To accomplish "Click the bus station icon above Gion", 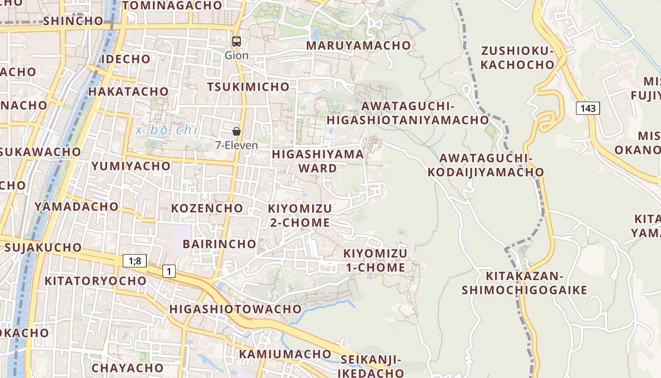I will coord(237,42).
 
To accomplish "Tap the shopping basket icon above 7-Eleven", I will coord(237,131).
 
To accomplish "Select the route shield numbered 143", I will coord(588,108).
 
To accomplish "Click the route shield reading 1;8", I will coord(135,260).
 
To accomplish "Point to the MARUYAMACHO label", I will coord(358,45).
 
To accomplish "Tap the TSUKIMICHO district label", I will coord(248,87).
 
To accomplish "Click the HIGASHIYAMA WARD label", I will coord(318,161).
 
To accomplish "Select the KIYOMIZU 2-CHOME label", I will coord(300,215).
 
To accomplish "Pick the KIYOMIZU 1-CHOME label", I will coord(375,260).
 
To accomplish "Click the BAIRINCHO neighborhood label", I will coord(220,244).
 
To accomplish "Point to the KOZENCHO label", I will coord(207,208).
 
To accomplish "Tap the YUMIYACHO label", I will coord(131,166).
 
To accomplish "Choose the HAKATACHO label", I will coord(128,91).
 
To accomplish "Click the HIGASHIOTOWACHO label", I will coord(235,309).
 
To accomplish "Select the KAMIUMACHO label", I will coord(285,354).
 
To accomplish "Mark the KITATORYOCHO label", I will coord(95,281).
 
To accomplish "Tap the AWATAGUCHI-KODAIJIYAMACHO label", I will coord(486,165).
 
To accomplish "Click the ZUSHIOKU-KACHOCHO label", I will coord(517,58).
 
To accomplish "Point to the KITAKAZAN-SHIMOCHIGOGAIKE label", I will coord(525,283).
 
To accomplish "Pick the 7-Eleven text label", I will coord(237,145).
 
